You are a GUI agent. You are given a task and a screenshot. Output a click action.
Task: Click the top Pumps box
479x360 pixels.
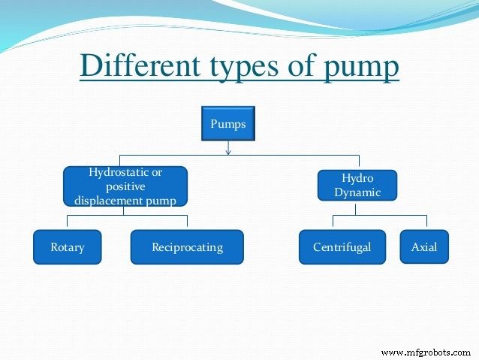228,125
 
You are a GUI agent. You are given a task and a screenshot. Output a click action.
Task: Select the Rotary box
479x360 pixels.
68,247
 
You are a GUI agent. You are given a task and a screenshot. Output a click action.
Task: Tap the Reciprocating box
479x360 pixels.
187,247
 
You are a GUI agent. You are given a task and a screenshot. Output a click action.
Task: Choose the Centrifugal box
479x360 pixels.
342,247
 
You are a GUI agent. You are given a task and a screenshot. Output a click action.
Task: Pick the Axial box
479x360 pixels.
424,247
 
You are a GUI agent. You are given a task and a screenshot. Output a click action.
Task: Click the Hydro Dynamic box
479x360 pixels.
357,186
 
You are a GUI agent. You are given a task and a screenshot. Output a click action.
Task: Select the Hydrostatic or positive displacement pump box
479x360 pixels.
125,186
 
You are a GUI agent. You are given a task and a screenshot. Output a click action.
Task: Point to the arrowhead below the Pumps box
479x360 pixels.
228,153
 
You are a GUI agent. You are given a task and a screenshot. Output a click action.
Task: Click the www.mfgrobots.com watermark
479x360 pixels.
426,352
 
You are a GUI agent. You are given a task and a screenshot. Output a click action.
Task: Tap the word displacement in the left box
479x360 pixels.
107,200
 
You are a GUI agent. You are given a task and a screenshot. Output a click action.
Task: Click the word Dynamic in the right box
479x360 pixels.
357,192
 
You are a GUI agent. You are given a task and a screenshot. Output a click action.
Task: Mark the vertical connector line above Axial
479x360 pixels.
426,222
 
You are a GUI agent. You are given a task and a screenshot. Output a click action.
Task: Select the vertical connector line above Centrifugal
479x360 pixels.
333,222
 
